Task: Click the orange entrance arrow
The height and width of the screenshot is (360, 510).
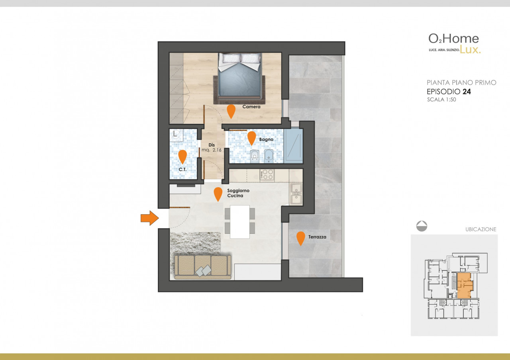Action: pyautogui.click(x=149, y=218)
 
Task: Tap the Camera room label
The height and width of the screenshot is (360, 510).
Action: pyautogui.click(x=251, y=106)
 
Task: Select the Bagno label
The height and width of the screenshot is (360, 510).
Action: pyautogui.click(x=266, y=139)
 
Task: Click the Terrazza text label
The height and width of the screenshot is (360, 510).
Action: pyautogui.click(x=317, y=237)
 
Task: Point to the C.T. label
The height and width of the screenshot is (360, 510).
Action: pyautogui.click(x=182, y=170)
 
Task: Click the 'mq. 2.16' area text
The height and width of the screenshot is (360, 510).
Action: pyautogui.click(x=212, y=150)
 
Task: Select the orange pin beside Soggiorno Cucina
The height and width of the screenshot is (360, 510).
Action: pyautogui.click(x=218, y=194)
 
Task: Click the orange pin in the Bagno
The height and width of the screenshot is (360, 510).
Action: pyautogui.click(x=251, y=138)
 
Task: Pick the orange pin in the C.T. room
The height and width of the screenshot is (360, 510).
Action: pyautogui.click(x=182, y=157)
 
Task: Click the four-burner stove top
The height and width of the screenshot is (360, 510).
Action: pyautogui.click(x=267, y=175)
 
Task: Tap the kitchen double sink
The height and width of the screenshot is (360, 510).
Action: pyautogui.click(x=296, y=194)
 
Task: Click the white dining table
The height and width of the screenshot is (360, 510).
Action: pyautogui.click(x=240, y=222)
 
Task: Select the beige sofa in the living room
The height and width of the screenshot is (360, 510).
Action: pyautogui.click(x=203, y=267)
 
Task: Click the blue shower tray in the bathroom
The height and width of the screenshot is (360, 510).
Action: pyautogui.click(x=293, y=146)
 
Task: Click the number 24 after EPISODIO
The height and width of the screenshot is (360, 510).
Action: pyautogui.click(x=467, y=92)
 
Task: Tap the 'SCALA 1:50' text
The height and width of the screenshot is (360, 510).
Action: pyautogui.click(x=441, y=100)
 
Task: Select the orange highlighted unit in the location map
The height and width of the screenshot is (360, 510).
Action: pyautogui.click(x=465, y=286)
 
